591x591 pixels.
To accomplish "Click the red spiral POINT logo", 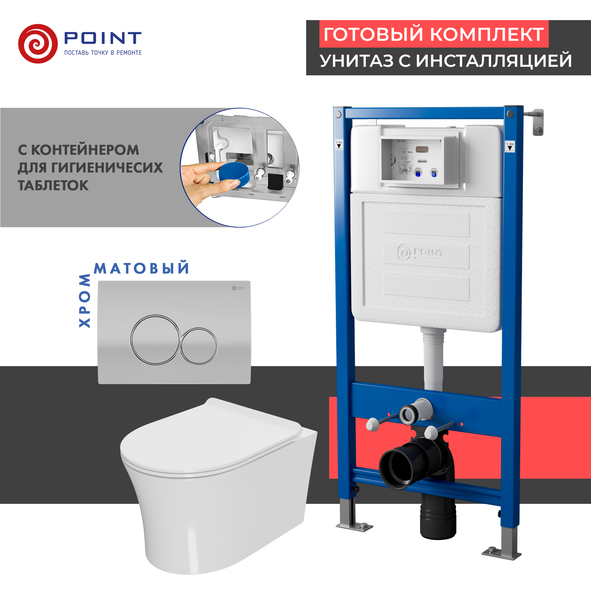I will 38,44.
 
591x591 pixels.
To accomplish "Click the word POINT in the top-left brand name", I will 103,38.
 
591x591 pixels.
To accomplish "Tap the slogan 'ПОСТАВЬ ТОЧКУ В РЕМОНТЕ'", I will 103,53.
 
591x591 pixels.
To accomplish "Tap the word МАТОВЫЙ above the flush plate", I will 141,269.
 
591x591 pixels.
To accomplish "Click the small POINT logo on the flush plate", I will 238,288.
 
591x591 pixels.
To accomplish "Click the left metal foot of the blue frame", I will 354,526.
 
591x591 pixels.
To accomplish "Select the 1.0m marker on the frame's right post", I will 510,146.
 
